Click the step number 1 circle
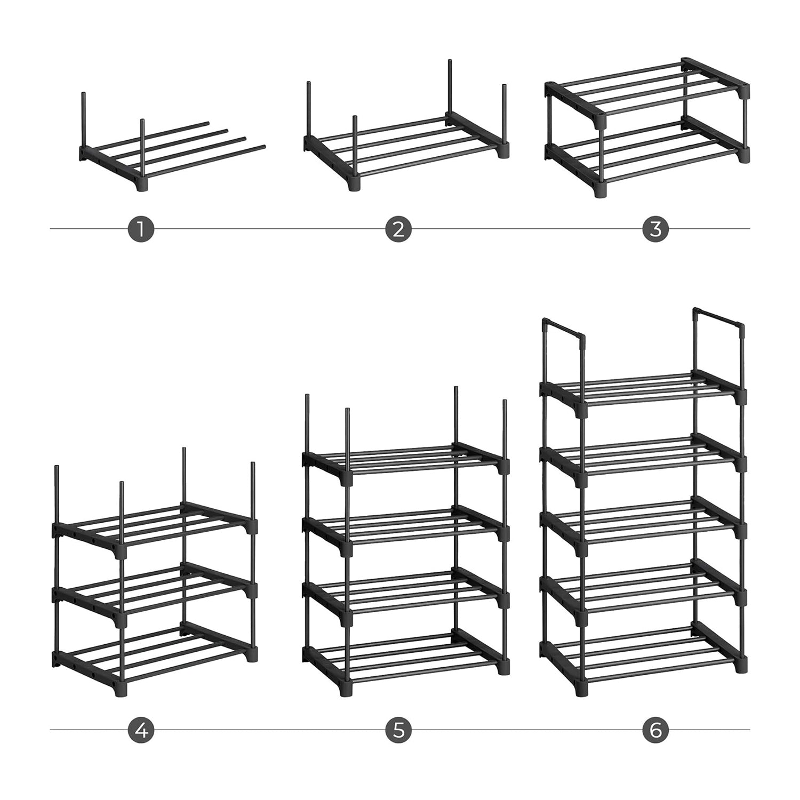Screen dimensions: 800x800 click(141, 229)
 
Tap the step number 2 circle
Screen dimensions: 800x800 click(398, 229)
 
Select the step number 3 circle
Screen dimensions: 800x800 click(656, 229)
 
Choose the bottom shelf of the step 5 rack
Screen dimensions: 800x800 click(405, 661)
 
